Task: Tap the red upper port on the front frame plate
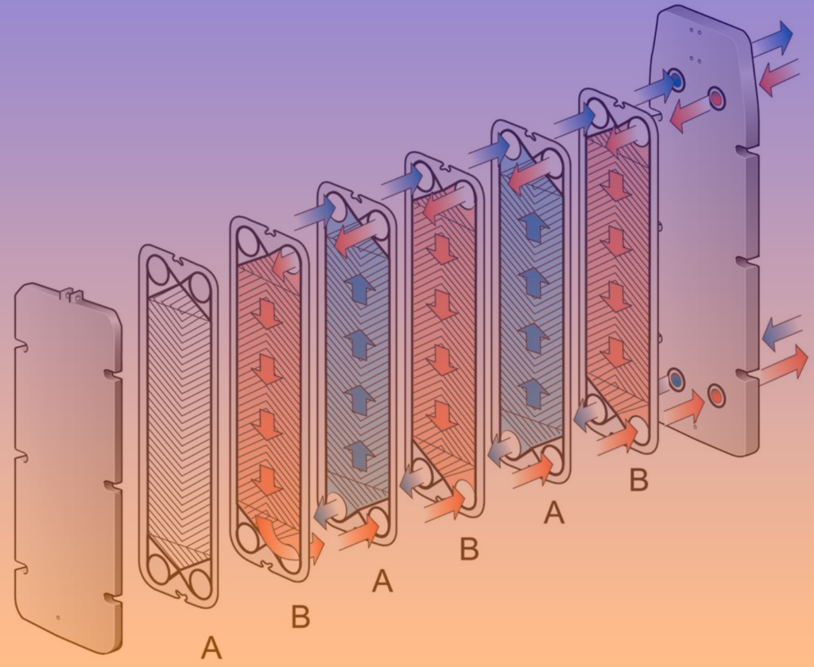(717, 98)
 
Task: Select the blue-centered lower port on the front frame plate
(676, 380)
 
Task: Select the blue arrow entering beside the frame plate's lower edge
(782, 333)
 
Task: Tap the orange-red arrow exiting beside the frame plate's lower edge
(781, 367)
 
